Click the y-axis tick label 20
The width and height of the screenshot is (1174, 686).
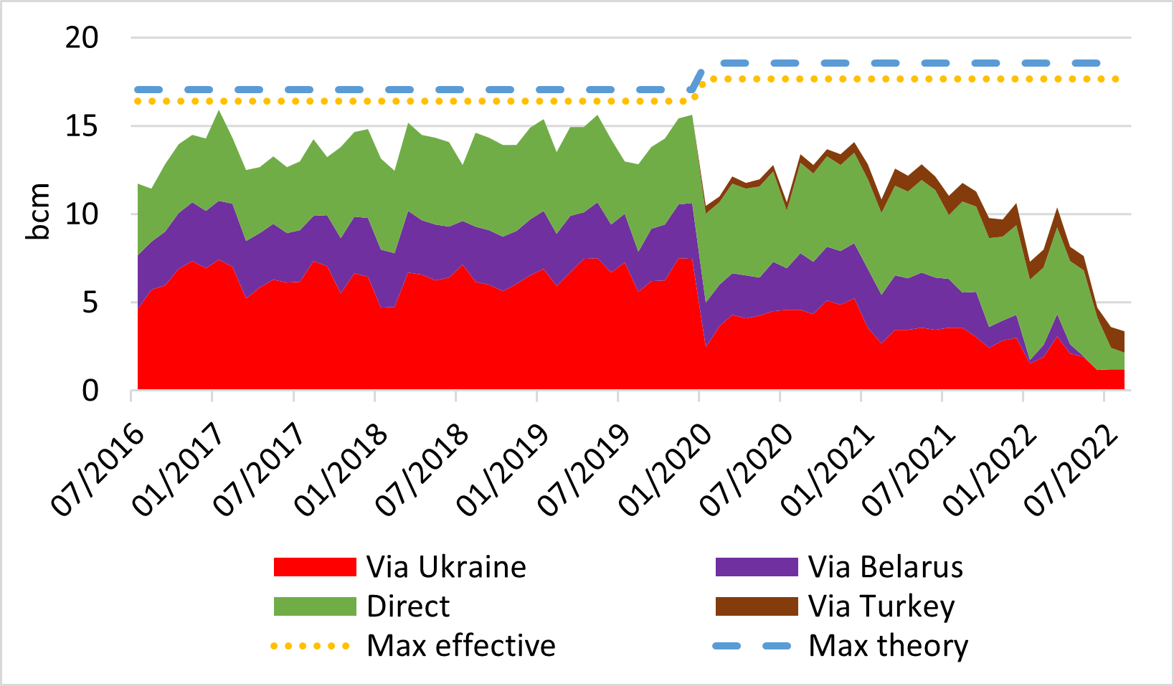pos(81,38)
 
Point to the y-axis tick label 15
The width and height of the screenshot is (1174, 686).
pos(81,126)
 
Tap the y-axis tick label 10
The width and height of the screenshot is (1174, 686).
pos(81,214)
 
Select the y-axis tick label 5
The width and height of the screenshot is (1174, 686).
pos(90,302)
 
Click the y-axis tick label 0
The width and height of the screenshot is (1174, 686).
pos(90,391)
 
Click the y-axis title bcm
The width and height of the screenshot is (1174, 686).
pos(38,211)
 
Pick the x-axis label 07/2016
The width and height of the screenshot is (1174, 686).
pos(98,470)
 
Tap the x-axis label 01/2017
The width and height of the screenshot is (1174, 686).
pos(179,470)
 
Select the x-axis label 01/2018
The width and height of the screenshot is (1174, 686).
pos(341,470)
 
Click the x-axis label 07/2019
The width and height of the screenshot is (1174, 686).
pos(584,470)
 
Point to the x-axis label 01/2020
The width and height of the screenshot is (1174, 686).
pos(666,470)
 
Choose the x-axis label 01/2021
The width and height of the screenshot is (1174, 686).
pos(828,470)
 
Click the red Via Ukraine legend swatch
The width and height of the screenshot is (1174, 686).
pos(315,567)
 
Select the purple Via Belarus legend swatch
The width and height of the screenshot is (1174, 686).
pos(757,567)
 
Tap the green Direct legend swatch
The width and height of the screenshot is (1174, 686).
pos(315,606)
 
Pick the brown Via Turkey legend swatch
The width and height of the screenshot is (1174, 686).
pos(757,606)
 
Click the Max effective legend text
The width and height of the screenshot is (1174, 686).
pos(460,646)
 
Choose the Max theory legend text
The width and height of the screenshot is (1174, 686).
pos(888,646)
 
